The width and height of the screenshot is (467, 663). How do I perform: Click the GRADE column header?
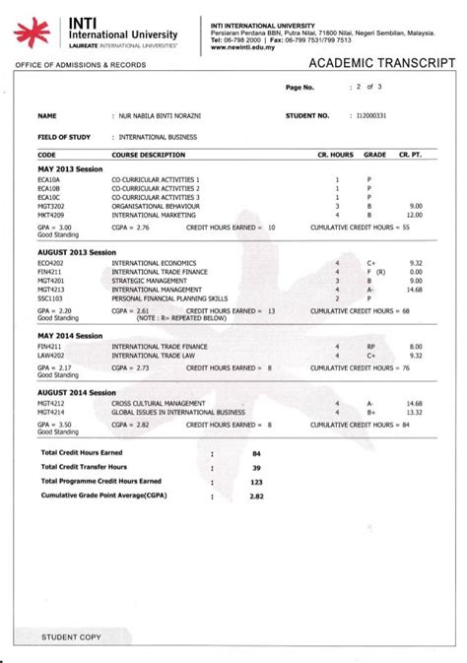(x=375, y=156)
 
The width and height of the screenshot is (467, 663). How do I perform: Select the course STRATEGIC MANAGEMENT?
(x=152, y=278)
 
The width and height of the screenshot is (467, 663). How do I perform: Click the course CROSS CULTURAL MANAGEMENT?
(x=162, y=404)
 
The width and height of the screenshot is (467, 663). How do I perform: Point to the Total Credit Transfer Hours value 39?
(x=256, y=467)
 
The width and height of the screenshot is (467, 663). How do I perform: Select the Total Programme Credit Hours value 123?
(x=256, y=482)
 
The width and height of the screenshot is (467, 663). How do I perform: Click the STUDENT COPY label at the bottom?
(x=71, y=637)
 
